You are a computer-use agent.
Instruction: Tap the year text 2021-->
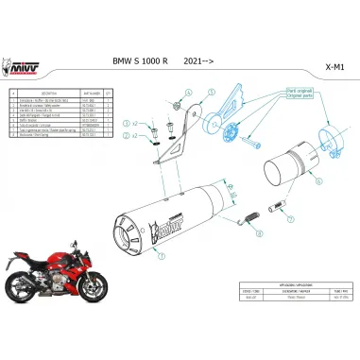pos(199,60)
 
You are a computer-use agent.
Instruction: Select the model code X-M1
pos(334,68)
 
